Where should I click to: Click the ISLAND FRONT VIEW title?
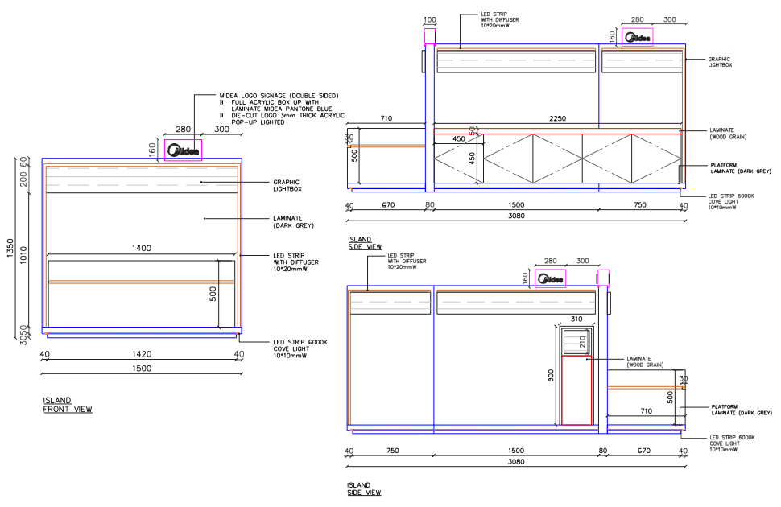[67, 405]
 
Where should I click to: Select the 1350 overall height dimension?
[9, 247]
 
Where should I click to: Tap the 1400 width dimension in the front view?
[142, 249]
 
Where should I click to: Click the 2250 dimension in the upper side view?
[557, 118]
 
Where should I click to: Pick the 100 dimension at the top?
[429, 19]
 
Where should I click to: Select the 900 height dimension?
[552, 375]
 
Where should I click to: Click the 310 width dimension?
[576, 319]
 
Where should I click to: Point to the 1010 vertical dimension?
[23, 254]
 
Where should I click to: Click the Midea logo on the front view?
[184, 150]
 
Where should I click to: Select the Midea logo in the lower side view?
[551, 279]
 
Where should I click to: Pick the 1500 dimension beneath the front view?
[142, 369]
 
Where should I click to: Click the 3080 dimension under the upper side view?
[517, 216]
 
